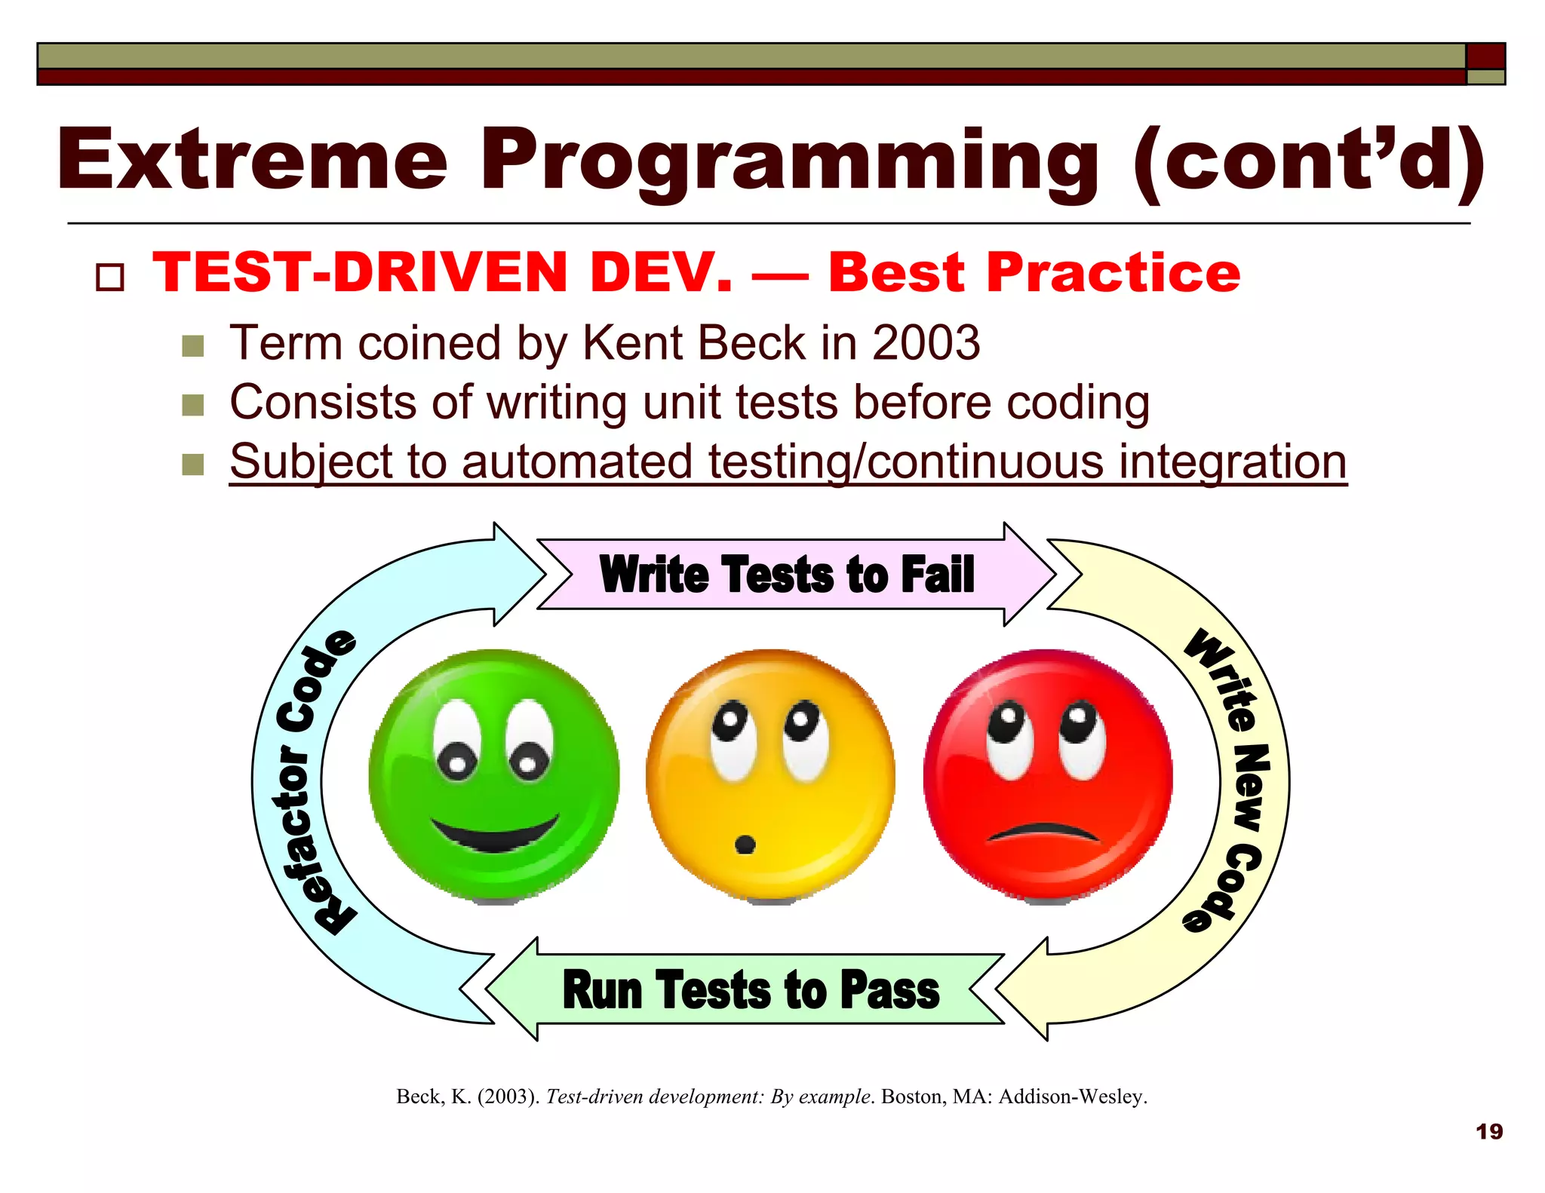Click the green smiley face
[494, 775]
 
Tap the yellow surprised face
[770, 775]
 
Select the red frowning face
[1048, 775]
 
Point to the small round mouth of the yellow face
[745, 844]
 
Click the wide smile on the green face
[495, 834]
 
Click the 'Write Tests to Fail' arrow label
[787, 575]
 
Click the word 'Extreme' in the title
[253, 161]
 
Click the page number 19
[1488, 1131]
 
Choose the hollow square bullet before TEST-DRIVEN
[110, 277]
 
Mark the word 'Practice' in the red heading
[1113, 272]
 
